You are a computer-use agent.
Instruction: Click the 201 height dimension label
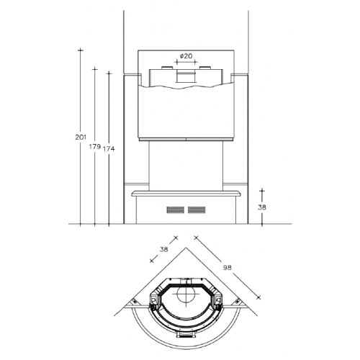pyautogui.click(x=81, y=138)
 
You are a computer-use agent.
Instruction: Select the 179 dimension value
pyautogui.click(x=95, y=146)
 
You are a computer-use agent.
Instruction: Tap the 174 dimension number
pyautogui.click(x=109, y=149)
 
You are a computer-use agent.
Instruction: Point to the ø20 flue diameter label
pyautogui.click(x=186, y=56)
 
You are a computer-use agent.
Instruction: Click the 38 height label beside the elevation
pyautogui.click(x=262, y=207)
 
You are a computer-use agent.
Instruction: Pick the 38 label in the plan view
pyautogui.click(x=163, y=249)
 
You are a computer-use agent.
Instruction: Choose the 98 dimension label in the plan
pyautogui.click(x=227, y=267)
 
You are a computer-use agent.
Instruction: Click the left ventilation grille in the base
pyautogui.click(x=176, y=210)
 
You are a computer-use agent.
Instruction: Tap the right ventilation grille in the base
pyautogui.click(x=197, y=210)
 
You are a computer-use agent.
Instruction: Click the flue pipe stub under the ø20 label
pyautogui.click(x=186, y=76)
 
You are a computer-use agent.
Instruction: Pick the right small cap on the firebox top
pyautogui.click(x=205, y=68)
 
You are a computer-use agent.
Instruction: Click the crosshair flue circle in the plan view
pyautogui.click(x=186, y=293)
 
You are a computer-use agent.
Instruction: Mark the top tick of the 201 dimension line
pyautogui.click(x=81, y=50)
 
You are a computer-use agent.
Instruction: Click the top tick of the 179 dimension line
pyautogui.click(x=95, y=69)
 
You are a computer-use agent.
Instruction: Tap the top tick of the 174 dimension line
pyautogui.click(x=109, y=73)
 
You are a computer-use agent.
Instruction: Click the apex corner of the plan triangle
pyautogui.click(x=186, y=248)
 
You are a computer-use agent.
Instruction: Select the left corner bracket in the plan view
pyautogui.click(x=135, y=302)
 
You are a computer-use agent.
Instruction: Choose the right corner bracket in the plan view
pyautogui.click(x=238, y=302)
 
